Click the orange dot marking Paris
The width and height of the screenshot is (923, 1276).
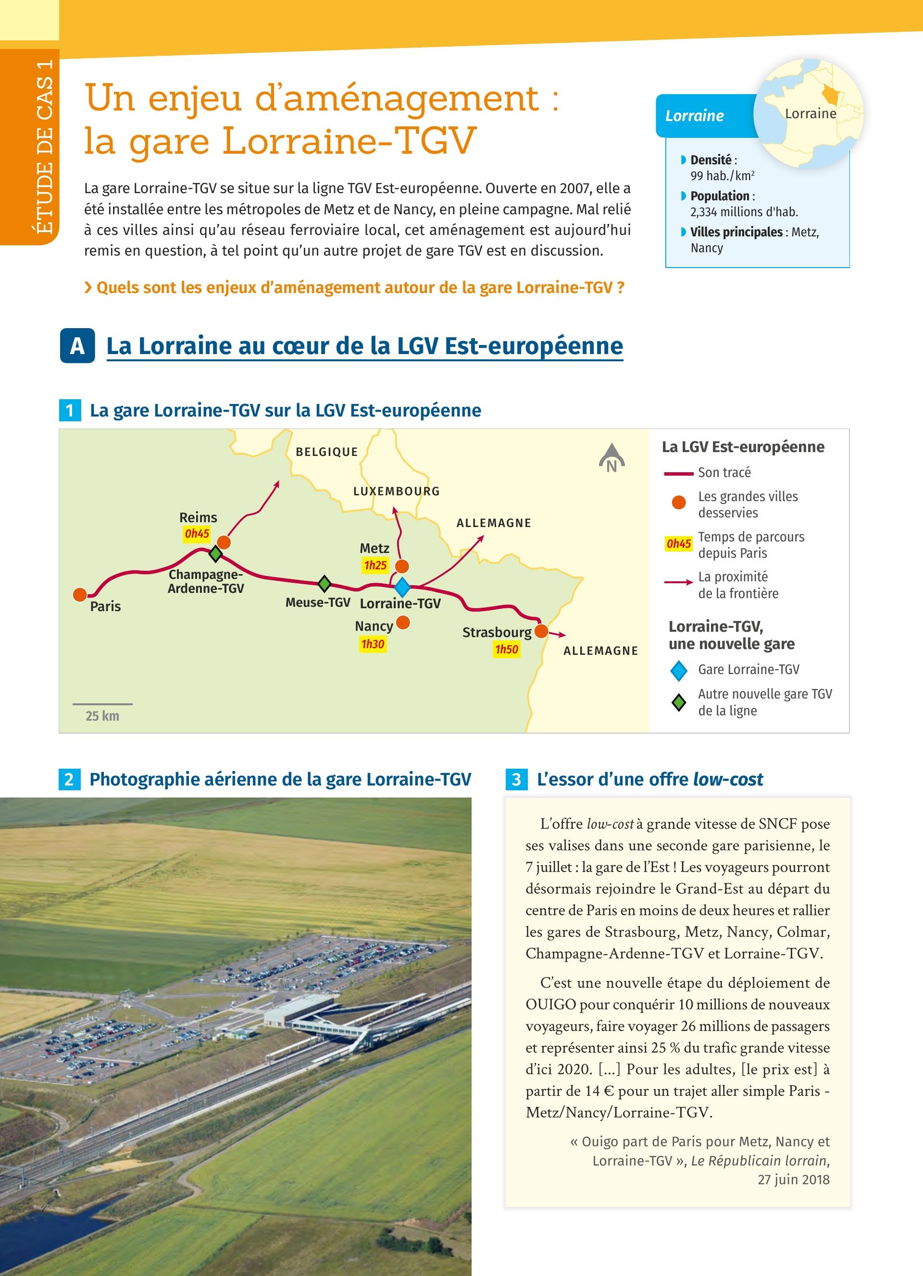point(80,594)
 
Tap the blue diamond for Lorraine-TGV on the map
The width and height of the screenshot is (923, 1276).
point(402,587)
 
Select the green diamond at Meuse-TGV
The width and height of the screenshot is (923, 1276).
point(324,583)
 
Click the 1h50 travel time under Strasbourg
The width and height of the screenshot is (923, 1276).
point(507,649)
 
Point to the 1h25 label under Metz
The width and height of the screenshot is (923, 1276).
point(375,565)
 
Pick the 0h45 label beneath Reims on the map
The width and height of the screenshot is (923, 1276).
point(197,533)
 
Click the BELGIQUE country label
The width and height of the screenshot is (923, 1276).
point(327,452)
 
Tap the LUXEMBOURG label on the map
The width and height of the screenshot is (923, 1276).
point(396,491)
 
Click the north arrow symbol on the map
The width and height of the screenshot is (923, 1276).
point(612,458)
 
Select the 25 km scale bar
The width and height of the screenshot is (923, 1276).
point(102,704)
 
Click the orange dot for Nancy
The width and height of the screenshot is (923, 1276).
point(403,622)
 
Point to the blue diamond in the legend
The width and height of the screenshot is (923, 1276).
point(679,670)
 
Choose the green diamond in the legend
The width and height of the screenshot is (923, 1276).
point(679,702)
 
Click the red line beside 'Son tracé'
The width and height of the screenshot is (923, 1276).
point(678,474)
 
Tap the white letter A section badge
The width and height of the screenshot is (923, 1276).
point(77,345)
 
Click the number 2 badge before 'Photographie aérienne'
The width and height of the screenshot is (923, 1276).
point(69,779)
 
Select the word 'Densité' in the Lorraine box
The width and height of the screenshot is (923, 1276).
point(711,160)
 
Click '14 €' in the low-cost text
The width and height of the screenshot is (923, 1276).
point(599,1091)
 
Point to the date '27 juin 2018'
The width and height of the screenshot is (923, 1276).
point(793,1179)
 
